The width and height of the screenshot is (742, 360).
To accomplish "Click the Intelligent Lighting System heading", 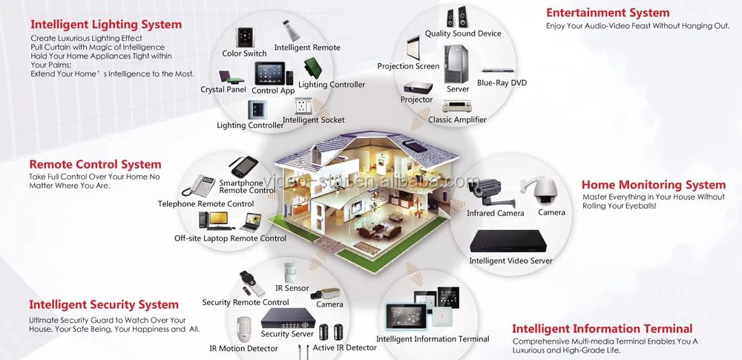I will pos(106,24).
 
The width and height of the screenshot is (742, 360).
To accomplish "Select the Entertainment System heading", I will pos(608,13).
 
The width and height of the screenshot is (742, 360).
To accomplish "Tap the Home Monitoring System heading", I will pos(654,185).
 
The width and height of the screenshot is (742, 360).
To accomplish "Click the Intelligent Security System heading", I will pos(104,304).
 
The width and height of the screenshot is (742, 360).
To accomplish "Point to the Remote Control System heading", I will pos(95,164).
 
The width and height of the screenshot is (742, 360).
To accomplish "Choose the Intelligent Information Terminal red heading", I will pos(603,329).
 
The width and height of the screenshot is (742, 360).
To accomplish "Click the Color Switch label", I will pos(244,53).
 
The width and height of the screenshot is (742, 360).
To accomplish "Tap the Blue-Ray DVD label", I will pos(502,83).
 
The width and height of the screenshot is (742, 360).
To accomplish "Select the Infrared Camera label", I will pos(495,214).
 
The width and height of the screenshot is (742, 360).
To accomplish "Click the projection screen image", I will pos(413,45).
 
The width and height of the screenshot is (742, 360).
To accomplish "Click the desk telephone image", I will pos(203,186).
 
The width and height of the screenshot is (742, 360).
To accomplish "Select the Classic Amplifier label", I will pos(457,120).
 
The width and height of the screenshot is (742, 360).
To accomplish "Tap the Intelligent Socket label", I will pos(313,120).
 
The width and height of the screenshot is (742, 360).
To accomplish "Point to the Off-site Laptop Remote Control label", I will pos(230,238).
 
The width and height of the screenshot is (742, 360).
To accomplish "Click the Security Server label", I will pos(287,334).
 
